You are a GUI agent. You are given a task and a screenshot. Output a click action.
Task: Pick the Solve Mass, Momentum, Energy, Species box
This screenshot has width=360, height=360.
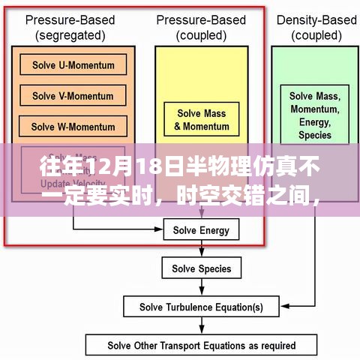(x=314, y=115)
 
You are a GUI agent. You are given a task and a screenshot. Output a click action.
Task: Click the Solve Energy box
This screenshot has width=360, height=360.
(x=201, y=229)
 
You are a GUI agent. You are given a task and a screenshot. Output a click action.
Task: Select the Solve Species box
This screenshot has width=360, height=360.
(x=201, y=268)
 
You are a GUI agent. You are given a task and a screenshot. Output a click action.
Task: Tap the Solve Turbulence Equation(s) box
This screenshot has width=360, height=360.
(x=201, y=307)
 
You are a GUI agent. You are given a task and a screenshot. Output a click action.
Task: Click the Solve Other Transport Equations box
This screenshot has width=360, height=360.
(x=201, y=346)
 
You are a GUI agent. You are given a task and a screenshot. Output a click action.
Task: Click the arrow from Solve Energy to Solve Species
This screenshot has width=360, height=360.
(x=201, y=248)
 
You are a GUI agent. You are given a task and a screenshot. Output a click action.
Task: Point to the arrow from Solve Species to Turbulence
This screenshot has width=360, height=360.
(x=201, y=287)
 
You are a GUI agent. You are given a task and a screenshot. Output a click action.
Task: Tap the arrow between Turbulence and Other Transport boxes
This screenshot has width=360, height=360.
(x=201, y=326)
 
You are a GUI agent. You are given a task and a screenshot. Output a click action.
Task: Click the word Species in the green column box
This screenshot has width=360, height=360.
(x=314, y=135)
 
